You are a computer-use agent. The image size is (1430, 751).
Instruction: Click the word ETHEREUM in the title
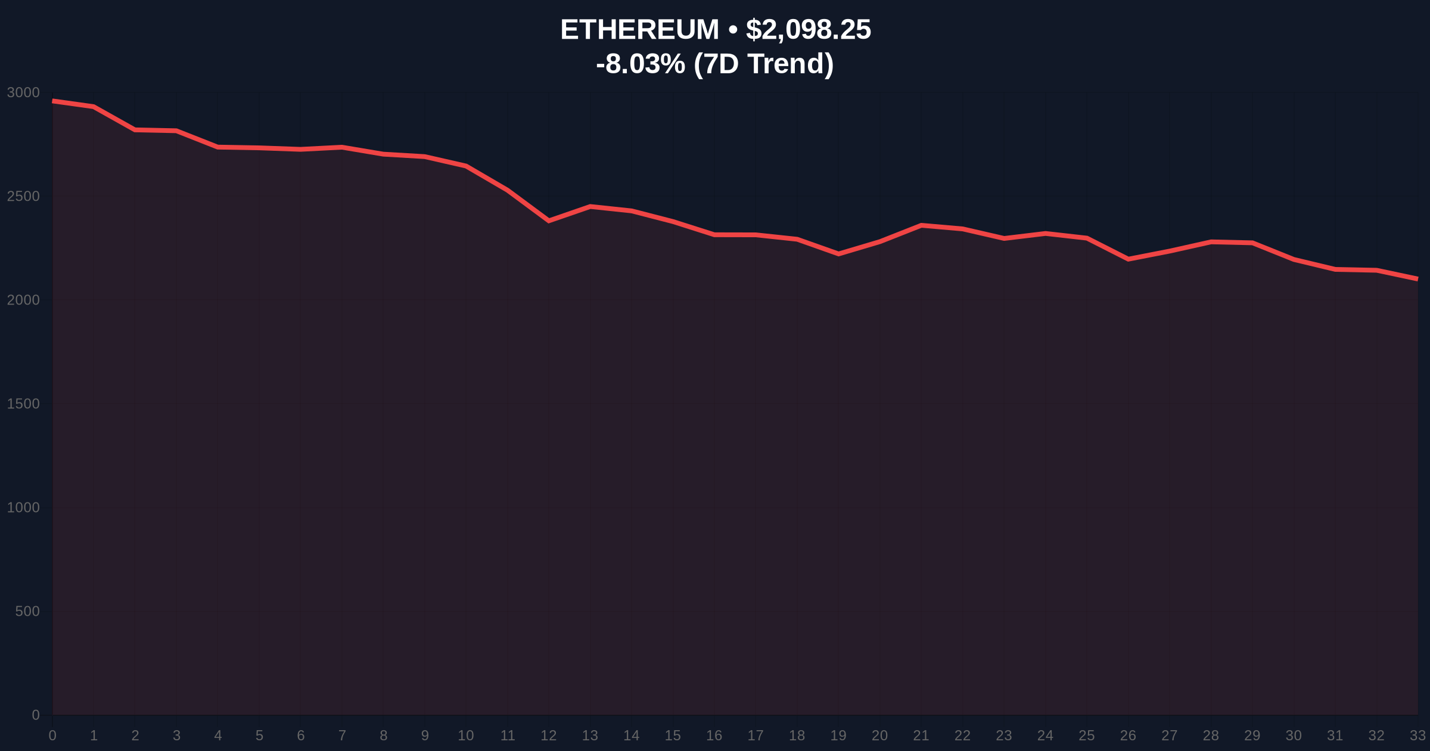coord(639,30)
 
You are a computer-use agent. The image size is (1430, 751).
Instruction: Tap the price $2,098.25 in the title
coord(808,30)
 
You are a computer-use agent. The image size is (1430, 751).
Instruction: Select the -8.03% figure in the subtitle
coord(641,64)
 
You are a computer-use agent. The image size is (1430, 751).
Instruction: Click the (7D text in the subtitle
coord(716,64)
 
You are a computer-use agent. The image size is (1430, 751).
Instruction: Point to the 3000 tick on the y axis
coord(23,93)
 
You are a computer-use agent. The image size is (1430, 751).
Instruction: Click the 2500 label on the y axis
coord(23,197)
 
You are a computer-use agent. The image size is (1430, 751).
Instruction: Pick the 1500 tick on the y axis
coord(23,404)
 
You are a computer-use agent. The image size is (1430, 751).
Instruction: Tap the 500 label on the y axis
coord(27,612)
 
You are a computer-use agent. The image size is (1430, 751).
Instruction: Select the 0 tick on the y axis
coord(36,715)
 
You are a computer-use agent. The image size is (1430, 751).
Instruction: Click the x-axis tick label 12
coord(548,736)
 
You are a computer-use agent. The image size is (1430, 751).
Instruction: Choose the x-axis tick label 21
coord(921,736)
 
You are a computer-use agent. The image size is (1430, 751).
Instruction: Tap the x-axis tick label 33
coord(1417,736)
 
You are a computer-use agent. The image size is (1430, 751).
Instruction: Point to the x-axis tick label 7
coord(342,736)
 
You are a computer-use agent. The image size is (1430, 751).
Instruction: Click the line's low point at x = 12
coord(549,221)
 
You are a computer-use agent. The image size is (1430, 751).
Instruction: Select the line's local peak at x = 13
coord(590,207)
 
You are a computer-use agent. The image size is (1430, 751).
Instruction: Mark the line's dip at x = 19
coord(838,254)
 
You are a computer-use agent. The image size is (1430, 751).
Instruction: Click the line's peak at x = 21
coord(921,225)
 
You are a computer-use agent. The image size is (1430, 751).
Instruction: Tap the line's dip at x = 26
coord(1128,259)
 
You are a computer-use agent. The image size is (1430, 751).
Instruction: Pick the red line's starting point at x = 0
coord(53,101)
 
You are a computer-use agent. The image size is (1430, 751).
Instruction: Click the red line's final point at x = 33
coord(1417,279)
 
